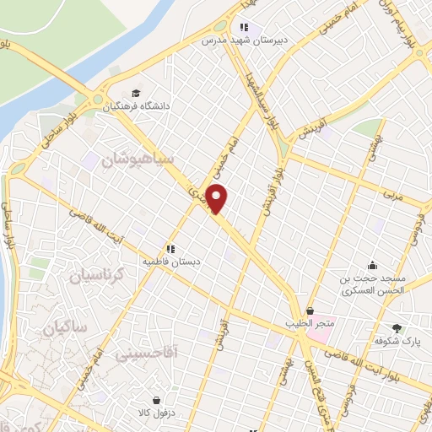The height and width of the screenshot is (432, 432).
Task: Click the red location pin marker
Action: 218,198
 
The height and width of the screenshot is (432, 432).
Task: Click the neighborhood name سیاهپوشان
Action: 137,158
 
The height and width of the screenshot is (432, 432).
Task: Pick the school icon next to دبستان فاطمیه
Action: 170,249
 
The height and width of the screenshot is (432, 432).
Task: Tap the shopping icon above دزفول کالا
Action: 157,401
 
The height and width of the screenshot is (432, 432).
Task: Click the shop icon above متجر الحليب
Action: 310,310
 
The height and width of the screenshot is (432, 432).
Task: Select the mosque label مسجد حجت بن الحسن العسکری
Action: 373,283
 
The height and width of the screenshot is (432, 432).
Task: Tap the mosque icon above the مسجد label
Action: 372,264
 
